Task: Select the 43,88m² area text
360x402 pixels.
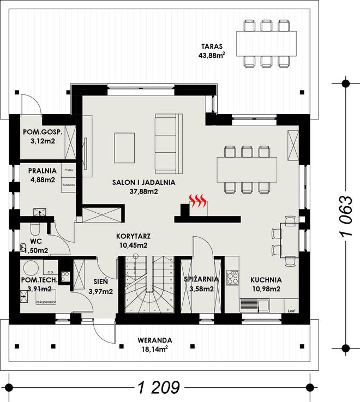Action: (212, 55)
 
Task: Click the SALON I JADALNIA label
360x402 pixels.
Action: (143, 183)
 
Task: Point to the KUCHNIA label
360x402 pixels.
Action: (266, 279)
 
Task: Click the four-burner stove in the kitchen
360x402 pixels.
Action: (233, 277)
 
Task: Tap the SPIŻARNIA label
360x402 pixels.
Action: (201, 279)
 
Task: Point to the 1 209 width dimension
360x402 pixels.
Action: (159, 387)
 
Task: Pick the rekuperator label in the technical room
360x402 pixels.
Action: (46, 301)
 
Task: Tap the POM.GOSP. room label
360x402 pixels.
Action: (42, 133)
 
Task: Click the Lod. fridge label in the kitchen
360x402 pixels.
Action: (290, 311)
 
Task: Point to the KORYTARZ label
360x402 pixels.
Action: (133, 237)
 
